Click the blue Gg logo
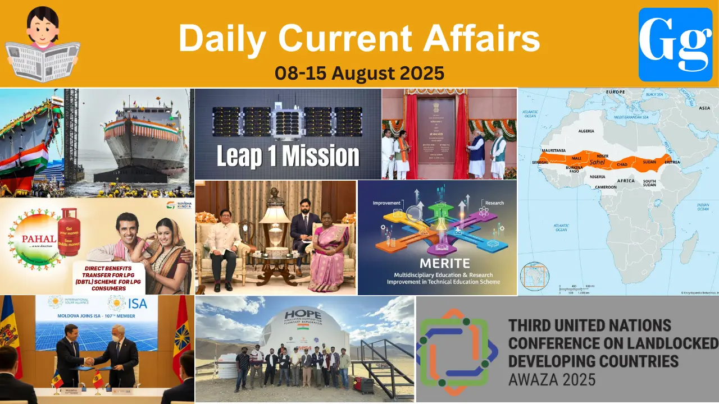[675, 45]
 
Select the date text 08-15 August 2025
[359, 72]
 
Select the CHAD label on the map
[622, 164]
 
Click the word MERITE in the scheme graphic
[437, 263]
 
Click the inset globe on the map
[534, 276]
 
